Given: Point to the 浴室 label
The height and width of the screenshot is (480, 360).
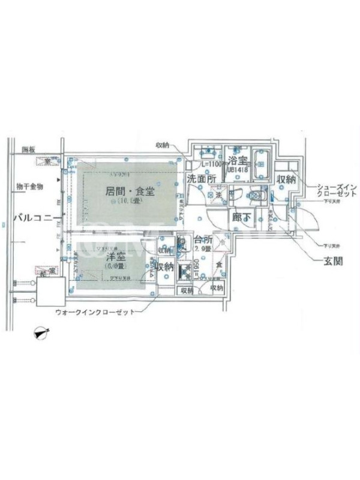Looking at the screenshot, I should click(x=238, y=161).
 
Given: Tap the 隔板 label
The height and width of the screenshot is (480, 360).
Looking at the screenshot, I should click(x=29, y=149).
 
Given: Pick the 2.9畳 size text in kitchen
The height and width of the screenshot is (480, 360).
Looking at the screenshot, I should click(x=202, y=251).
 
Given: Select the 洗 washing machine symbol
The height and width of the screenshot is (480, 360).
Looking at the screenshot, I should click(x=219, y=194).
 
